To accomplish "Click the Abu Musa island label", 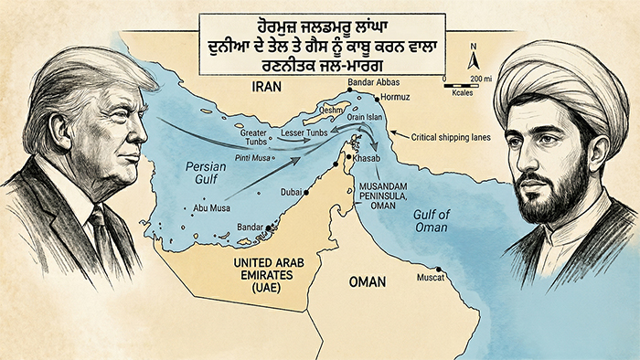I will coord(211,209).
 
